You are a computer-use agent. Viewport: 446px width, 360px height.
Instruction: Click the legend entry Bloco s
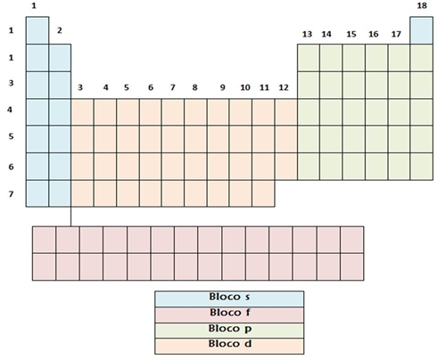[229, 299]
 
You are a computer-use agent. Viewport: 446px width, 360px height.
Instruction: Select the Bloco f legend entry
[229, 315]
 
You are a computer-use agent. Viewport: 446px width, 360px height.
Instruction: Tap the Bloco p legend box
[229, 331]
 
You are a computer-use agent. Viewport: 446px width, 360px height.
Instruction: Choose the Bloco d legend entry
[229, 346]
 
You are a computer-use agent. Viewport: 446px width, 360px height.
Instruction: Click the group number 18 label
[422, 5]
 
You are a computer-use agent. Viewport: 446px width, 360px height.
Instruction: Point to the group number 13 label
[307, 34]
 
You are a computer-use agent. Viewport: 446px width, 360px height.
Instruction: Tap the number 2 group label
[60, 30]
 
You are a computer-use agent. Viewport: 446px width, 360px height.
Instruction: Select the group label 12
[284, 87]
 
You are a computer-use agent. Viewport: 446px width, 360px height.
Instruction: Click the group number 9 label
[222, 87]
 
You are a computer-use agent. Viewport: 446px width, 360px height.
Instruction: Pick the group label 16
[374, 34]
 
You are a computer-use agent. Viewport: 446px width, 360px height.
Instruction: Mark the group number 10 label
[245, 87]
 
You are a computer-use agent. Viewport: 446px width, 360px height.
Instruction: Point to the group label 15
[351, 34]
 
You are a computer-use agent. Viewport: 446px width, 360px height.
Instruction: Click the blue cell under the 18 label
[421, 30]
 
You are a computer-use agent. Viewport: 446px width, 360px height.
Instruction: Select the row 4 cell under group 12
[286, 112]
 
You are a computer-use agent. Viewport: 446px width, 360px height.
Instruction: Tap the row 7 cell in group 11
[263, 193]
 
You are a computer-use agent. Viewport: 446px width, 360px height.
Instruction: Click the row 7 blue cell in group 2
[60, 193]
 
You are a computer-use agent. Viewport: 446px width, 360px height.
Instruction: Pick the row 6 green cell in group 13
[309, 167]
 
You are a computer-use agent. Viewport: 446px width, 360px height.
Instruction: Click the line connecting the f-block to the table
[70, 217]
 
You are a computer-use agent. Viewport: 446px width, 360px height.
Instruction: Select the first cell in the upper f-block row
[44, 240]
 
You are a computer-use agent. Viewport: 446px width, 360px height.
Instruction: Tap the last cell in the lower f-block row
[352, 266]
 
